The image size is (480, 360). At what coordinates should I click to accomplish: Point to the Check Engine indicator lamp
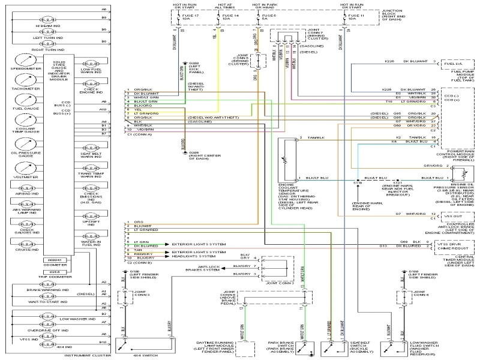(x=92, y=85)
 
